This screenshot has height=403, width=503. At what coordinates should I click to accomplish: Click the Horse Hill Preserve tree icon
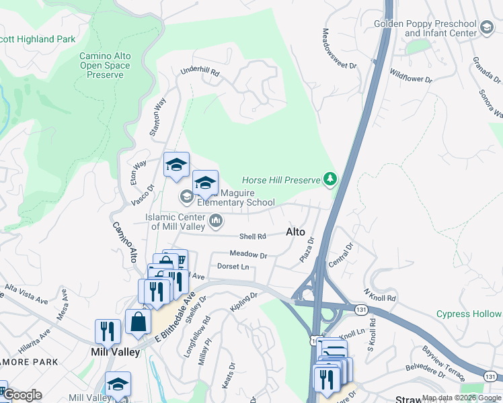coord(330,179)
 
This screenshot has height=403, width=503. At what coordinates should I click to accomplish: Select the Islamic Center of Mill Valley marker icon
coord(217,220)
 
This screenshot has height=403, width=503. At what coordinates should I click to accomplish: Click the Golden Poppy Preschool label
coord(426,28)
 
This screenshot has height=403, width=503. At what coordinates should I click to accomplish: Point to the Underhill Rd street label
coord(200,71)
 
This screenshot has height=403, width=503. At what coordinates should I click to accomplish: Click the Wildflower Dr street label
coord(410,75)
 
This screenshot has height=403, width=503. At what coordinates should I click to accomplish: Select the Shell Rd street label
coord(253,236)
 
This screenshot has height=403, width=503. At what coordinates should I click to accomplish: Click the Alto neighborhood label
coord(296,232)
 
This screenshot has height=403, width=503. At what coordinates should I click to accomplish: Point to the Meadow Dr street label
coord(248,255)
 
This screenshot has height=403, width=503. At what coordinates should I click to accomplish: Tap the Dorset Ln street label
coord(233,267)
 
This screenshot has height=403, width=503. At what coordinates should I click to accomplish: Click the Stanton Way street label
coord(157,118)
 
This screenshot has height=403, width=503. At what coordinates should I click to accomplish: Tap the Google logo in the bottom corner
coord(22,395)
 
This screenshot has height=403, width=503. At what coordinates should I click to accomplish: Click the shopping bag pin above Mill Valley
coord(138,321)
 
